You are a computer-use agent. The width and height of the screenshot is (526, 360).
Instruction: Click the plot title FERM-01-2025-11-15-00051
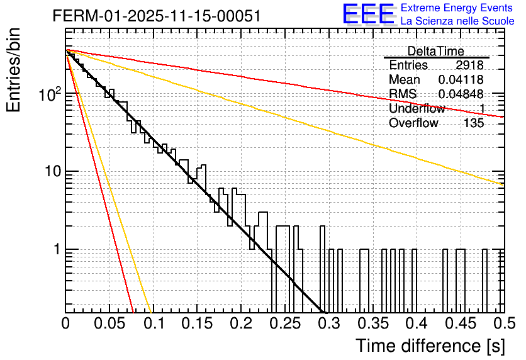click(x=157, y=15)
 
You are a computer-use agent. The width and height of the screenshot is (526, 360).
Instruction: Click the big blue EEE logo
click(x=368, y=15)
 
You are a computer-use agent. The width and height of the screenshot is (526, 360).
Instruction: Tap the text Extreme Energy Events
click(x=457, y=8)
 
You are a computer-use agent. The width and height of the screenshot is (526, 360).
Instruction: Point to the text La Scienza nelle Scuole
click(x=457, y=21)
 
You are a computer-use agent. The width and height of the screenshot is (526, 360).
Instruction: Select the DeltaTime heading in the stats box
click(x=436, y=51)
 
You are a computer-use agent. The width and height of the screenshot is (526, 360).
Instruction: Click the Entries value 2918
click(x=469, y=65)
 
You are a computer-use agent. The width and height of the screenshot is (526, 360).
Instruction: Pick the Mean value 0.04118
click(x=461, y=80)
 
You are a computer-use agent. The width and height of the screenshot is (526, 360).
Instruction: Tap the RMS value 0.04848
click(x=461, y=94)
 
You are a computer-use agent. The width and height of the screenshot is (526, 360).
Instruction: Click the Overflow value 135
click(x=474, y=123)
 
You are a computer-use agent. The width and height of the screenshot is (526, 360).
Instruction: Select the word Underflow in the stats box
click(x=417, y=109)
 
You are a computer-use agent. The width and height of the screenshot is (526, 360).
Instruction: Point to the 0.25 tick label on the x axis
click(x=284, y=324)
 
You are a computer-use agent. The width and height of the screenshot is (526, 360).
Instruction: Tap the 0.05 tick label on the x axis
click(x=109, y=324)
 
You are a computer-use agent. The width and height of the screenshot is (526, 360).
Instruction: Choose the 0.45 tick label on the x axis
click(x=459, y=324)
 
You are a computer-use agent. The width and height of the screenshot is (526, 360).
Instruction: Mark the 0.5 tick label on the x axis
click(x=503, y=324)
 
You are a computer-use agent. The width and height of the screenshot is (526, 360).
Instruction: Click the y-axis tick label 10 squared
click(x=50, y=94)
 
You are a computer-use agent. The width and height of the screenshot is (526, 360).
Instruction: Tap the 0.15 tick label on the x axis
click(x=197, y=324)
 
